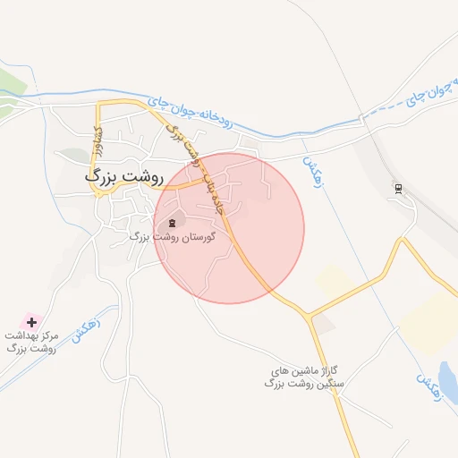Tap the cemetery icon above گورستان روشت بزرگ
[x=172, y=223]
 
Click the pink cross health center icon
[x=31, y=320]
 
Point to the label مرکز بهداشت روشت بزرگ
[x=31, y=341]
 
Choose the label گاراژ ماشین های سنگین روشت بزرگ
[x=306, y=377]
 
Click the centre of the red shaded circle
[x=230, y=228]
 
